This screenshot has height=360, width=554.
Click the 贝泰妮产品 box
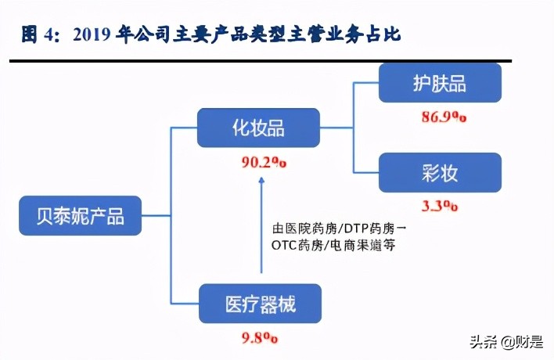81,214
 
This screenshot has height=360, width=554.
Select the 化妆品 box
258,127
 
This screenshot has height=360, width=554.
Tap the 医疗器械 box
259,302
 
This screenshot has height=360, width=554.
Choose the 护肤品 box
440,82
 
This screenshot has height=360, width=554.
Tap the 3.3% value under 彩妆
440,206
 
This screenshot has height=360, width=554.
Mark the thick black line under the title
258,60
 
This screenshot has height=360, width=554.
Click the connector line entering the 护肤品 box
368,82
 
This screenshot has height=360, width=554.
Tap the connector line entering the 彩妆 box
368,173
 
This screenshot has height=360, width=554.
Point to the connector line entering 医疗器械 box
186,303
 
